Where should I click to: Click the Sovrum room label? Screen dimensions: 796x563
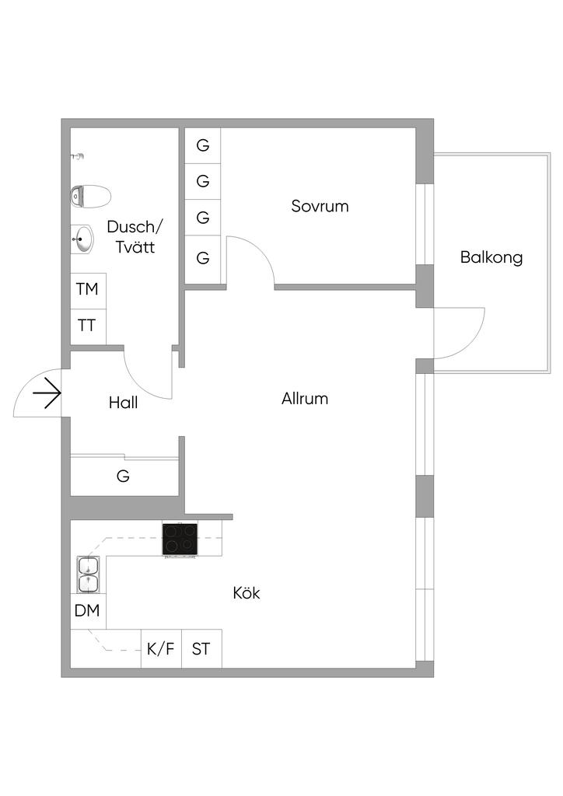pos(320,207)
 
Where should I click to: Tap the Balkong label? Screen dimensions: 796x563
pos(491,257)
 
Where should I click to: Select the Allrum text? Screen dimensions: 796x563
pos(305,399)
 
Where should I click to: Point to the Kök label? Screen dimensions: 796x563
pos(247,593)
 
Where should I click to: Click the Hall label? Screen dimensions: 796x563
pos(124,403)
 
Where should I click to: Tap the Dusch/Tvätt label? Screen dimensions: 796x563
pos(136,237)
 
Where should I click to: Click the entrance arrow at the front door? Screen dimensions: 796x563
pos(47,393)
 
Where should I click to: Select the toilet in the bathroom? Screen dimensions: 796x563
pos(89,197)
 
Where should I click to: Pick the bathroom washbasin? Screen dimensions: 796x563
pos(82,239)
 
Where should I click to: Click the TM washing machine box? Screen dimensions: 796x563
pos(87,290)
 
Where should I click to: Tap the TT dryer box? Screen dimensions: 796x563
pos(87,326)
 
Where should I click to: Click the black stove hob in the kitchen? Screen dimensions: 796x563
pos(180,539)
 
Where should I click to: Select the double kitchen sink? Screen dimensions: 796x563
pos(88,574)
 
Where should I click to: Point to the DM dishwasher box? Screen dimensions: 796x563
pos(87,611)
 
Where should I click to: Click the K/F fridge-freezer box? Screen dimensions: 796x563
pos(161,649)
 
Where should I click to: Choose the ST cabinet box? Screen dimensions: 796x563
pos(201,649)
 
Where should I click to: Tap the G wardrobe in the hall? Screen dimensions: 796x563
pos(123,477)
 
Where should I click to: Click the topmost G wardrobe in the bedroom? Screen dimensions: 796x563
pos(203,145)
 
